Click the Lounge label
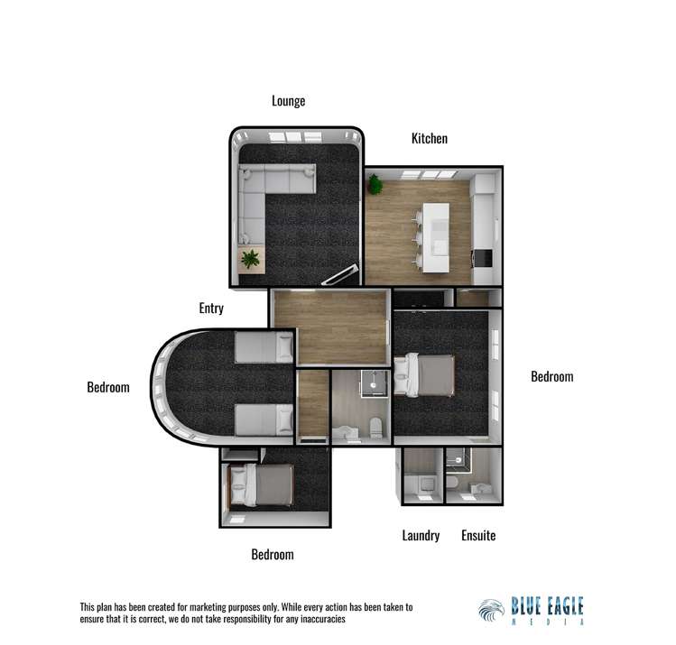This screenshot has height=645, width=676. [289, 101]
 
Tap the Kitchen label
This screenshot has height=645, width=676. [430, 139]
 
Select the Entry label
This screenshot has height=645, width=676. [211, 309]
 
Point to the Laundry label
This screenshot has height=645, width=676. [421, 536]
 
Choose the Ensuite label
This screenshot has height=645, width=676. [478, 536]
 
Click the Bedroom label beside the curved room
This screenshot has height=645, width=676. [108, 388]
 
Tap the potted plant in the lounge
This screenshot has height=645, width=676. [250, 259]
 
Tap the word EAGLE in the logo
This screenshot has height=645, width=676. [560, 604]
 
